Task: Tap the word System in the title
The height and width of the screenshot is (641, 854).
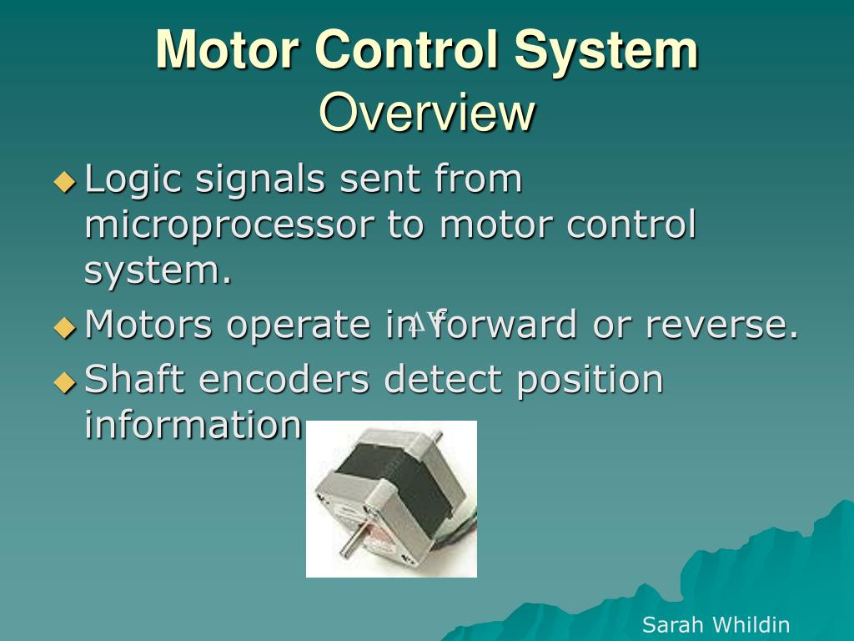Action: coord(605,49)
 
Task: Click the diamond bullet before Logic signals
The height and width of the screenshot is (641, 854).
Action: coord(64,181)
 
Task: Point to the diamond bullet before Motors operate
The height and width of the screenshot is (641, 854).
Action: coord(64,326)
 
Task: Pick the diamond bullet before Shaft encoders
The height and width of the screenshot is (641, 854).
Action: coord(64,381)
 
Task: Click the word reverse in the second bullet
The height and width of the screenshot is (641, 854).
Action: coord(721,325)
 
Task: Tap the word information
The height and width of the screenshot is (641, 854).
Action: coord(192,425)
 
